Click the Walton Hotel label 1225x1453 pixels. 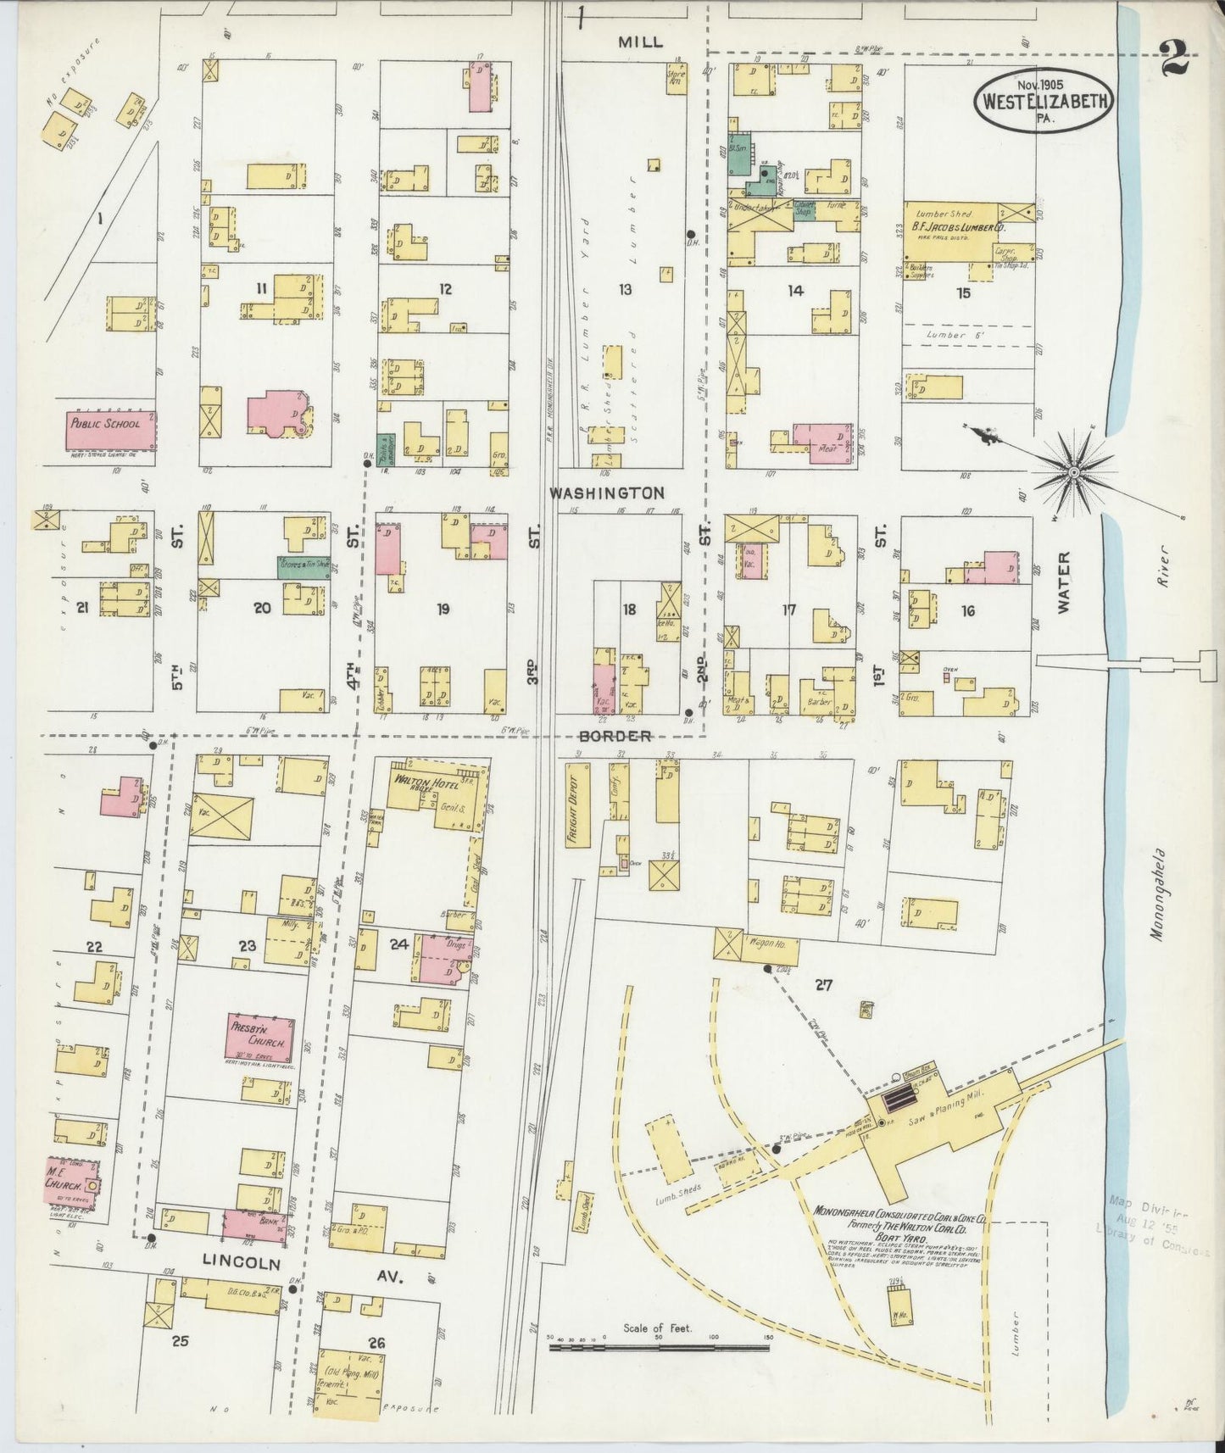coord(423,778)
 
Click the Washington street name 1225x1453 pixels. coord(605,493)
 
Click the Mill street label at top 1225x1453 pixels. coord(640,42)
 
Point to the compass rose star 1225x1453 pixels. coord(1074,470)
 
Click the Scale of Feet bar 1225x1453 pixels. coord(659,1346)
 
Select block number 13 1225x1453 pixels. coord(625,290)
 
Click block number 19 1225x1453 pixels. coord(443,609)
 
